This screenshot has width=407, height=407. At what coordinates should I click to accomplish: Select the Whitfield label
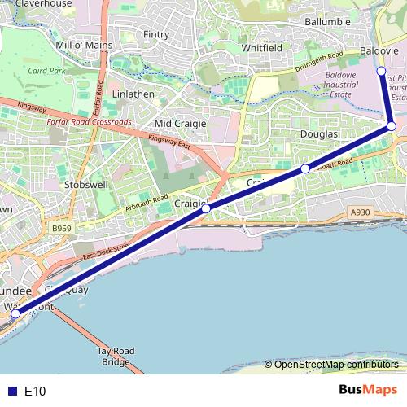click(262, 48)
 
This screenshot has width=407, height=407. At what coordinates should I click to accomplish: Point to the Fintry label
click(155, 35)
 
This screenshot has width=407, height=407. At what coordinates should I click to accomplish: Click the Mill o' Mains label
click(83, 44)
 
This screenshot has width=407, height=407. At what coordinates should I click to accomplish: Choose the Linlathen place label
click(133, 94)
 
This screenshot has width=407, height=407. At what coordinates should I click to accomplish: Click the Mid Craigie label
click(181, 123)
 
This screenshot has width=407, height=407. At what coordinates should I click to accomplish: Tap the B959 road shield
click(59, 230)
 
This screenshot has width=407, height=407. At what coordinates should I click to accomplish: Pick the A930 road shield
click(360, 212)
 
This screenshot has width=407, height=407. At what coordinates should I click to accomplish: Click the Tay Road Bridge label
click(115, 356)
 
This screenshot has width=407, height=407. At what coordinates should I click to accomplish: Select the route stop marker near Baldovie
click(381, 72)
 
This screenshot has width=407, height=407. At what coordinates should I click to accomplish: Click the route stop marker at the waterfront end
click(15, 314)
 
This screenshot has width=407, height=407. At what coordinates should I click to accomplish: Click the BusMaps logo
click(368, 390)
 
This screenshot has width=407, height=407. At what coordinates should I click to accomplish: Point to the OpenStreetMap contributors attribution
click(335, 365)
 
